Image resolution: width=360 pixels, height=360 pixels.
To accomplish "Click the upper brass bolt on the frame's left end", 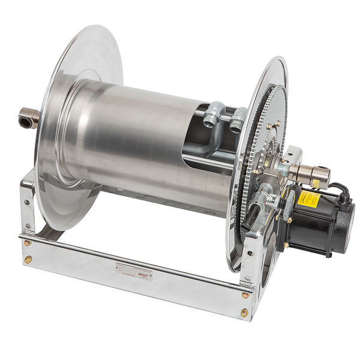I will click(x=28, y=243).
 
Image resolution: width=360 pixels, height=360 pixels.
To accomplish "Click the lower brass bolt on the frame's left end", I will click(x=28, y=259).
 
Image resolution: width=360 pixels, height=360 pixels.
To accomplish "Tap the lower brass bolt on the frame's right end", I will click(x=244, y=313).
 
